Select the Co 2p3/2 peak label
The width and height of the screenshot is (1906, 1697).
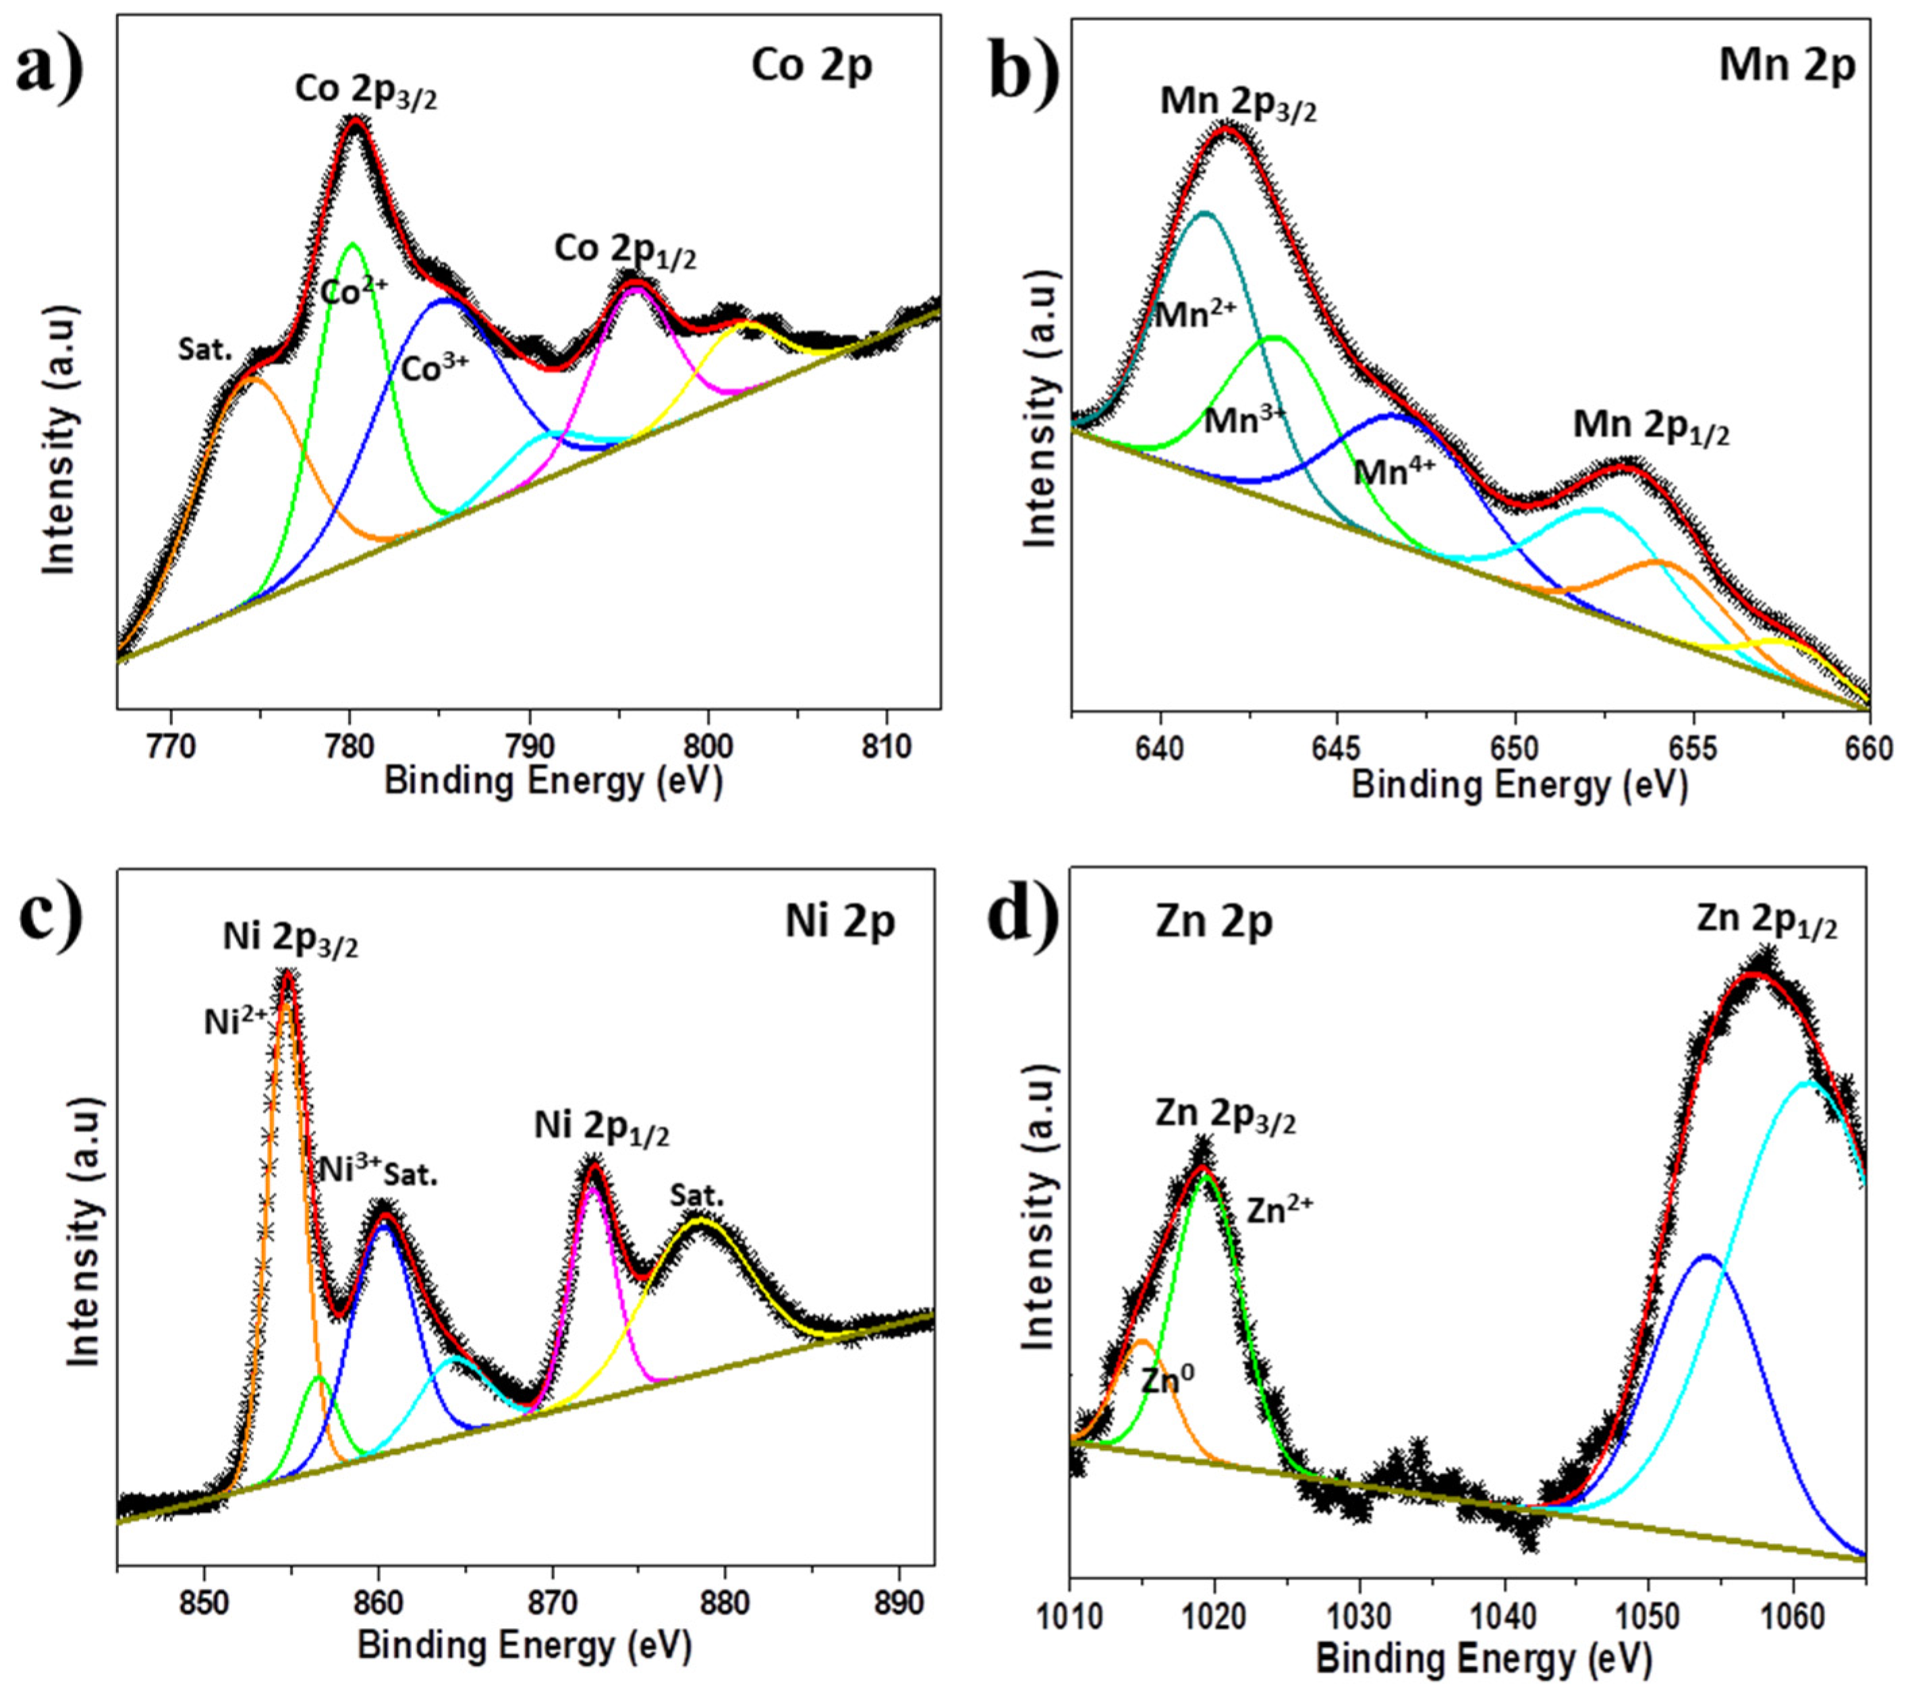pos(366,91)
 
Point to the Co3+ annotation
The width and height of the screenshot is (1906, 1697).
pos(434,369)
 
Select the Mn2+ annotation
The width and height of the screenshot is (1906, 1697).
pos(1194,315)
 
